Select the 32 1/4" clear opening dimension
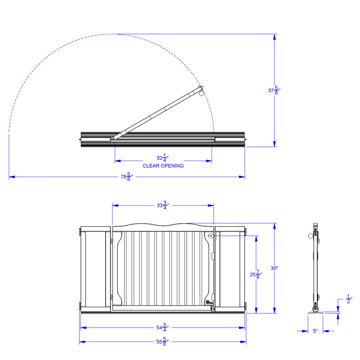point(163,158)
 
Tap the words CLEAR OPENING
point(163,166)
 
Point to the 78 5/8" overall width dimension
point(126,177)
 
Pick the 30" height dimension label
point(274,268)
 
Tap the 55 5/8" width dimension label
point(163,342)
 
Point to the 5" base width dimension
point(315,331)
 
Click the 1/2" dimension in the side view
point(348,298)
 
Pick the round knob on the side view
point(310,236)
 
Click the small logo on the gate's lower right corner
point(208,302)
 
